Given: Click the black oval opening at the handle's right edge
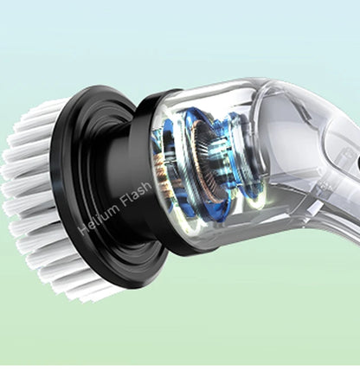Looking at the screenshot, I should click(356, 162).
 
